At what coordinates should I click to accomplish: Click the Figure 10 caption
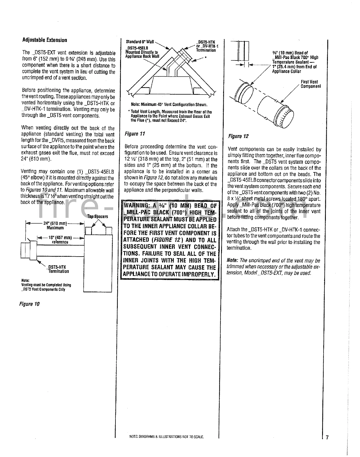tap(29, 304)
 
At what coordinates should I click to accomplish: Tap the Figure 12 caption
tap(238, 136)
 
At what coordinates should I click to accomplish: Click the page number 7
tap(327, 437)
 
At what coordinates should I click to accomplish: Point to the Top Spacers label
tap(98, 216)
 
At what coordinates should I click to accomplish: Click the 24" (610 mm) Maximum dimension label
tap(55, 226)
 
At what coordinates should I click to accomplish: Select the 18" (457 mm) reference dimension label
tap(60, 240)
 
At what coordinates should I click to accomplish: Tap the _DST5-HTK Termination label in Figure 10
tap(58, 269)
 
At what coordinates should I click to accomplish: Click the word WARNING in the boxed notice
tap(136, 206)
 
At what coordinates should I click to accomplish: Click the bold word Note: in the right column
tap(233, 260)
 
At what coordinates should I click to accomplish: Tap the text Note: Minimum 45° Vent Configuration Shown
tap(169, 105)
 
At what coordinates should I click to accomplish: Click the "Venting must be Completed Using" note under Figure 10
tap(46, 285)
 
